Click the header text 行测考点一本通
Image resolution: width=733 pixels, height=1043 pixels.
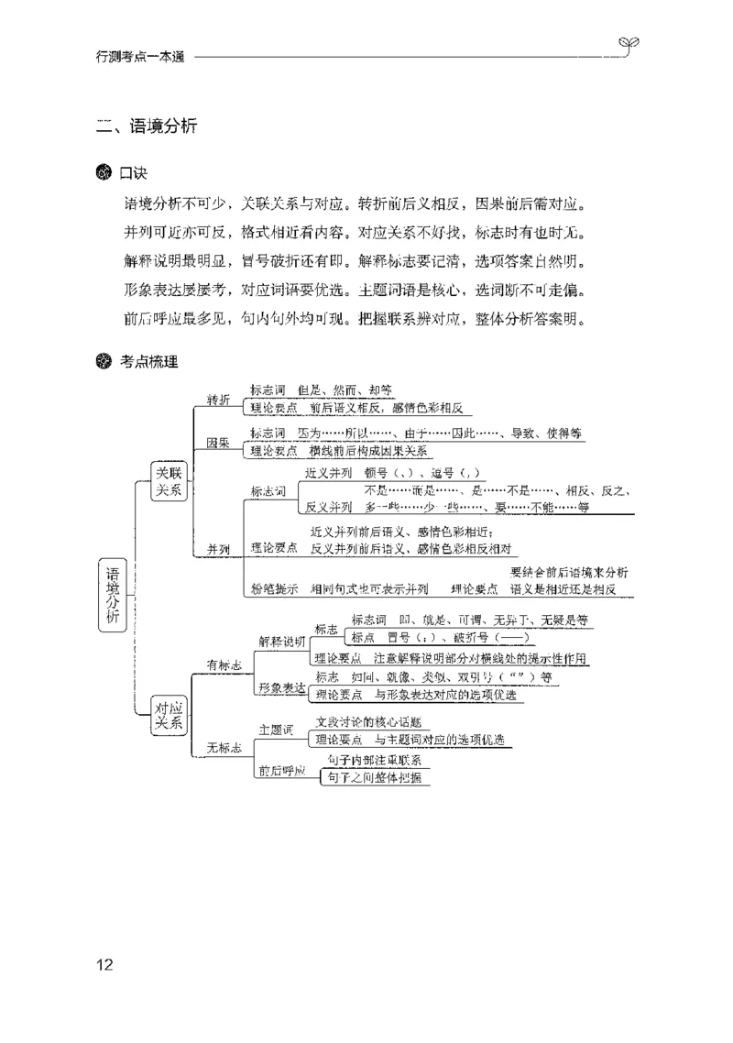click(140, 57)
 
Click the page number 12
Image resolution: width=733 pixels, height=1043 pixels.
click(104, 964)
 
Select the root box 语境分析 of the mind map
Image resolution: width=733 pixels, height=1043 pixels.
click(112, 594)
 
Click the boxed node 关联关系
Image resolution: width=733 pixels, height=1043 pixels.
click(169, 480)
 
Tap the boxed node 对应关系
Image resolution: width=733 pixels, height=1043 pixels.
click(169, 715)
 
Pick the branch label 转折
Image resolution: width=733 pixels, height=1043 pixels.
click(218, 399)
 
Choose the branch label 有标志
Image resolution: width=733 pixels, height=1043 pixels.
click(224, 665)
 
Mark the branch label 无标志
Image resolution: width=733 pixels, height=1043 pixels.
click(224, 749)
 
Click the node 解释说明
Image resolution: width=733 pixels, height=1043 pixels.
click(282, 641)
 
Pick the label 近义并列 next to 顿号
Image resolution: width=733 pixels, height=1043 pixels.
click(329, 473)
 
